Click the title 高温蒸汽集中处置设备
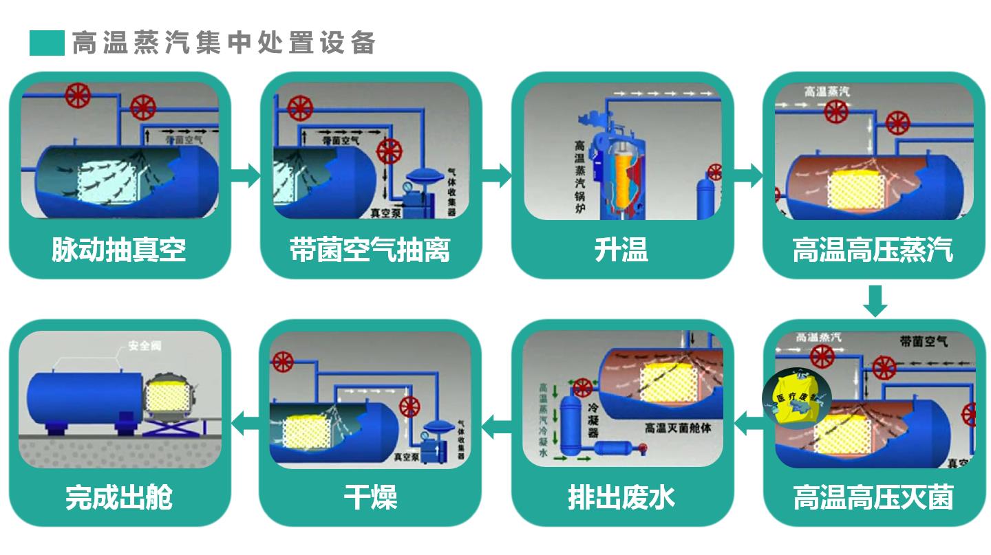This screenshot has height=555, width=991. coord(224,43)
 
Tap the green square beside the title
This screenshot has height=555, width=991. coord(47,43)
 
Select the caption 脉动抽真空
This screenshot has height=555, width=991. coord(118,249)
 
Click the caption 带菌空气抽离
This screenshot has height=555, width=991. coord(370,249)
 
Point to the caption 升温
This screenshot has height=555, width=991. coord(621,249)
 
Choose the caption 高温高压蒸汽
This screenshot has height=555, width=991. coord(873,249)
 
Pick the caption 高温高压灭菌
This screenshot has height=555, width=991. coord(873,497)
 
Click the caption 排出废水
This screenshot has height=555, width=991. coord(621,497)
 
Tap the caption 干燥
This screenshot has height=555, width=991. coord(370,497)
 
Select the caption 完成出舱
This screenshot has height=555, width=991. coord(118,497)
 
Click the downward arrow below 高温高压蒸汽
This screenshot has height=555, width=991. coord(875,301)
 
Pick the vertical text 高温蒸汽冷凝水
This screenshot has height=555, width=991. coord(543,420)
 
